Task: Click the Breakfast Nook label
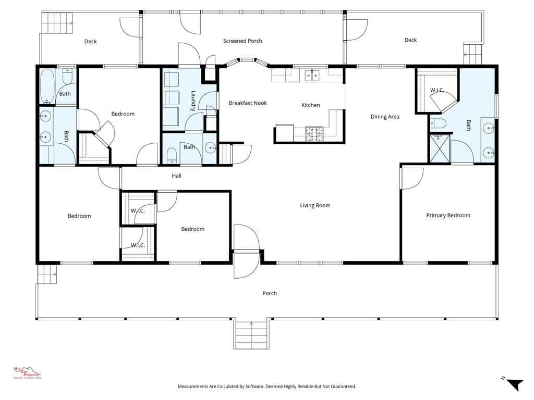248,103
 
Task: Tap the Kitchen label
311,105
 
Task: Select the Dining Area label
385,117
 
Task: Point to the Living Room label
315,205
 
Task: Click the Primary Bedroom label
448,215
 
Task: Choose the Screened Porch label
242,41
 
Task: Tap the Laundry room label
193,101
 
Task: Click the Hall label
177,176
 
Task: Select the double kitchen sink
312,76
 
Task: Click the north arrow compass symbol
514,384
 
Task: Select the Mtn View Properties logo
27,372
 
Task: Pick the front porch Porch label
270,293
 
